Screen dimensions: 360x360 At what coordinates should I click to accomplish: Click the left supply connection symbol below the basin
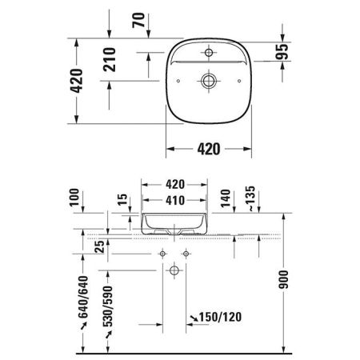click(x=162, y=254)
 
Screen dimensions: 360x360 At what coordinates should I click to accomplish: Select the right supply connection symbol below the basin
click(x=187, y=254)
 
